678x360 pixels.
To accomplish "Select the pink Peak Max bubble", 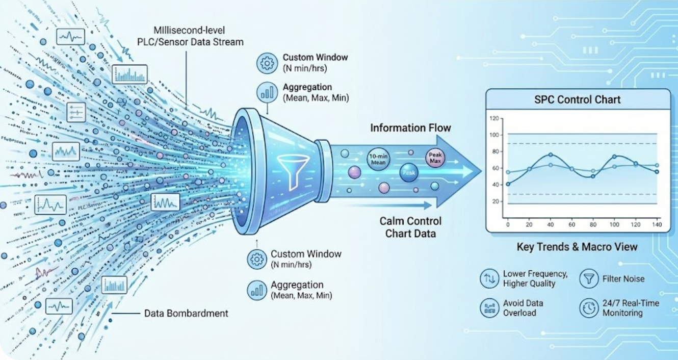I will tap(435, 158).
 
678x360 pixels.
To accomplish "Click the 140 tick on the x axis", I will tap(657, 224).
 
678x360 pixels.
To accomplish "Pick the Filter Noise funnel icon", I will tap(589, 278).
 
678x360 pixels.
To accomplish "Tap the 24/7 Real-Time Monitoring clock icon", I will tap(589, 307).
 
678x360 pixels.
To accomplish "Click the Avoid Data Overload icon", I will tap(489, 307).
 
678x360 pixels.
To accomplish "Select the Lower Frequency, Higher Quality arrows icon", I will tap(489, 278).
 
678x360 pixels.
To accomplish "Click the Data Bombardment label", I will tap(186, 313).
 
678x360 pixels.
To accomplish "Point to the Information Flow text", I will tap(411, 127).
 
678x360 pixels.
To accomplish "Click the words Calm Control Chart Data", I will tap(410, 227).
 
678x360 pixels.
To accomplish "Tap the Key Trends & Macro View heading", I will tap(577, 247).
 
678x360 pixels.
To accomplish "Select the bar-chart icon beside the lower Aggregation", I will tap(256, 290).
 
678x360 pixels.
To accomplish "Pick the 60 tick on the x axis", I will tap(571, 224).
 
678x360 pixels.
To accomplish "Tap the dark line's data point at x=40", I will tap(551, 155).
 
